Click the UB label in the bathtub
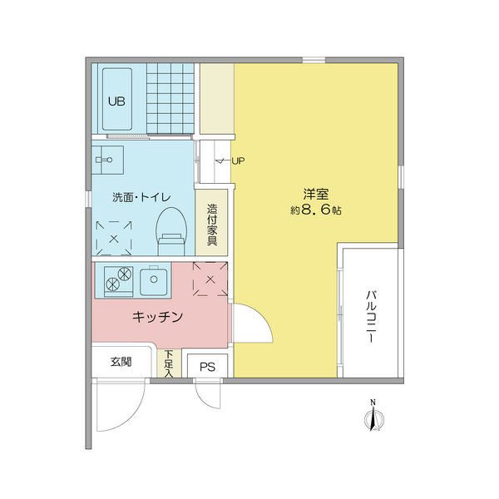pos(116,101)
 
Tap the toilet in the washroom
pos(171,231)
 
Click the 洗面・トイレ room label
pos(141,197)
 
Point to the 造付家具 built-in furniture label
pos(212,225)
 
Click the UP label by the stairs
pos(238,161)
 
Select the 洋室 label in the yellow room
pos(316,194)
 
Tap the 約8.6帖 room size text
pos(316,210)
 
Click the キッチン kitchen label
pos(157,317)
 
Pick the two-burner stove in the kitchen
pos(119,279)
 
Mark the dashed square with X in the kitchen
pos(210,279)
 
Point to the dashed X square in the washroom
pos(114,239)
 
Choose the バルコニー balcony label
pos(371,316)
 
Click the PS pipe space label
pos(207,367)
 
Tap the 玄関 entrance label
pos(121,362)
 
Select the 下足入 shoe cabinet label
pos(169,363)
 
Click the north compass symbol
pos(373,417)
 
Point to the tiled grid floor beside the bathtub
pos(170,98)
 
